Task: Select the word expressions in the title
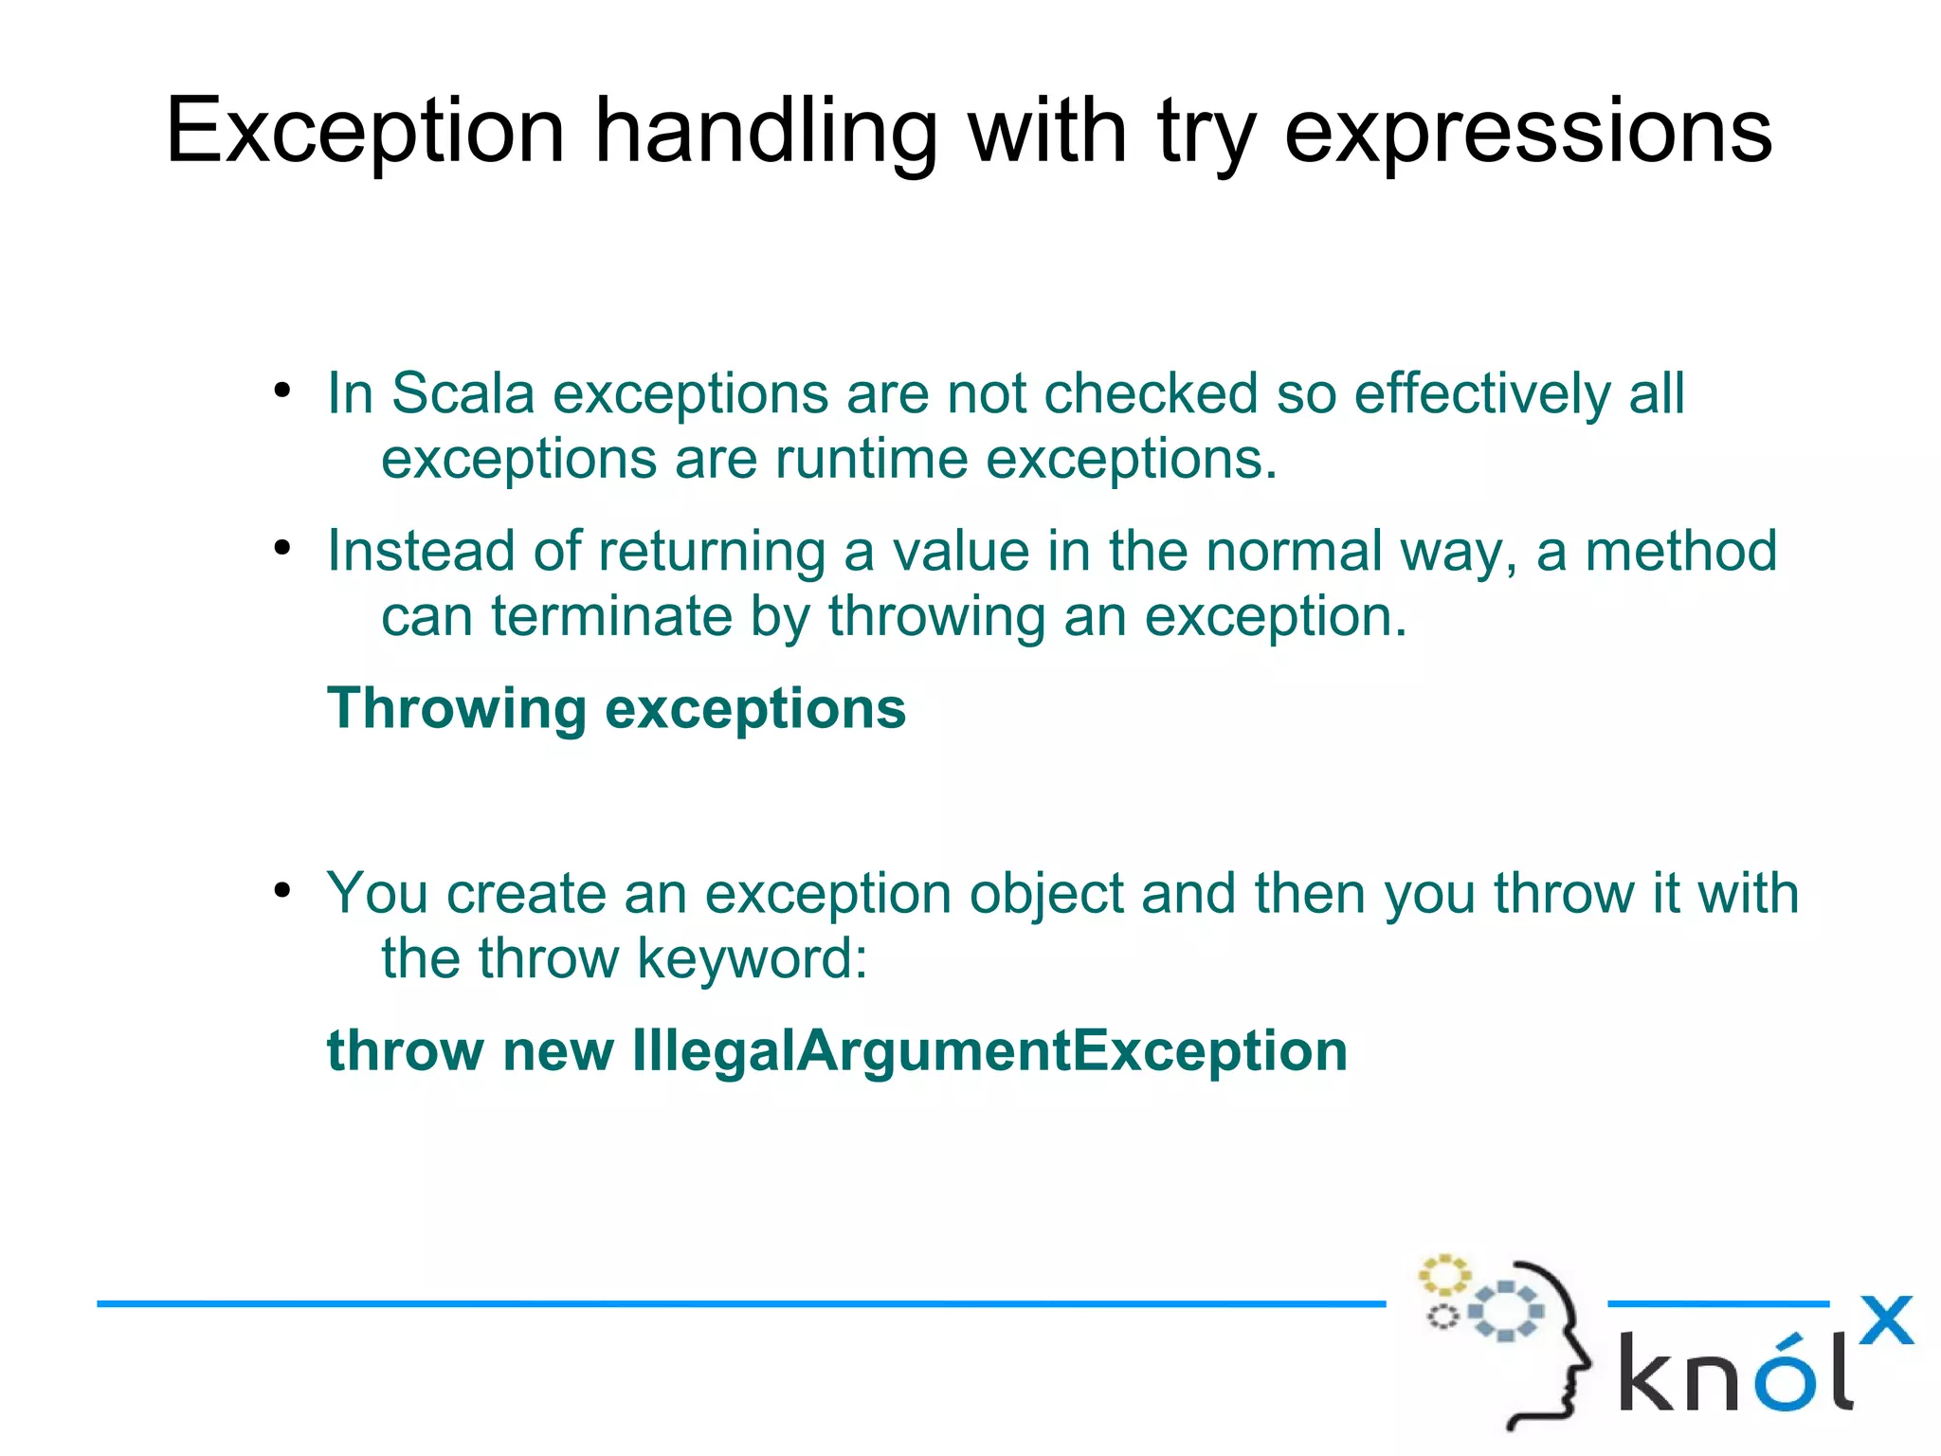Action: tap(1527, 133)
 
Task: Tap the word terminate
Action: tap(611, 616)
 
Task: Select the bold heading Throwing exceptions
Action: tap(616, 708)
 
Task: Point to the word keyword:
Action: tap(752, 958)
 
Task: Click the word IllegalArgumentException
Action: tap(989, 1050)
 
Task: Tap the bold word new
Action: tap(558, 1050)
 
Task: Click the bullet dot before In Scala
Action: tap(281, 390)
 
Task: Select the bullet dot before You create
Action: tap(281, 890)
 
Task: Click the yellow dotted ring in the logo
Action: tap(1443, 1275)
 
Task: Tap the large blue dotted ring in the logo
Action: tap(1505, 1311)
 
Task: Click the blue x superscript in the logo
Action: tap(1886, 1319)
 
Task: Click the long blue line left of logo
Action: tap(739, 1304)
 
